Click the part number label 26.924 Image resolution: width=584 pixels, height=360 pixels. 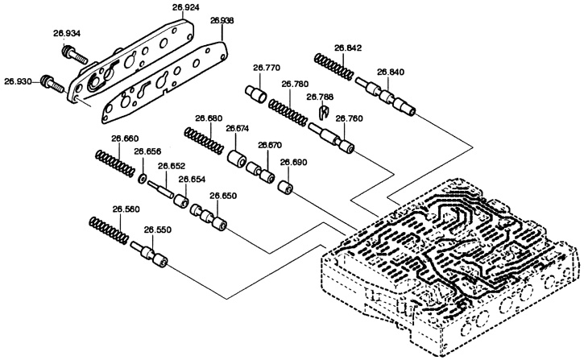pos(186,6)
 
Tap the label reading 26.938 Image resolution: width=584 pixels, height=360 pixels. pos(222,21)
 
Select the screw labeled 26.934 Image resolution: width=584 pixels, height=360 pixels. pos(75,54)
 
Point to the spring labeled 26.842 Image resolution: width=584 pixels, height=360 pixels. pos(333,66)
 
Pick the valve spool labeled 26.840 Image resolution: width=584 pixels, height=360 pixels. pos(385,97)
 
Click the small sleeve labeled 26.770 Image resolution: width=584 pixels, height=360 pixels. pos(256,93)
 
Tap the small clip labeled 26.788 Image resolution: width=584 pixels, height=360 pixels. pos(325,111)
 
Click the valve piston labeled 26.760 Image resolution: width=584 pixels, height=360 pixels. pos(331,138)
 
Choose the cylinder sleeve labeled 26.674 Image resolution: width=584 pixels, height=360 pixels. pos(237,159)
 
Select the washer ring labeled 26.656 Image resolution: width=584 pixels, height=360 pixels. pos(143,179)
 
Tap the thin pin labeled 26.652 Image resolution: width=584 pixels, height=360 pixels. pos(160,189)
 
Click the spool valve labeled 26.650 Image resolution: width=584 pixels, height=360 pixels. pos(209,217)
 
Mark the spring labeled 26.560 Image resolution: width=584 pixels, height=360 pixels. pos(110,230)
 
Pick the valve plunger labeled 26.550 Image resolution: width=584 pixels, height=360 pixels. pos(149,254)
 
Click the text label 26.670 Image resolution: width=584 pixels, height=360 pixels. pos(270,145)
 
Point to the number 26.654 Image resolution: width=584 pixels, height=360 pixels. pos(192,179)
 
